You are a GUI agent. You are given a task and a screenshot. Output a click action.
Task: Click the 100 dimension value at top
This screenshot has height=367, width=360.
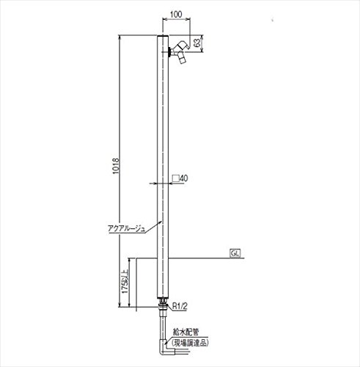[x=176, y=14]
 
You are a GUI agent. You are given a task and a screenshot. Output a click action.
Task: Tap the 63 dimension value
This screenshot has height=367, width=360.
[x=197, y=43]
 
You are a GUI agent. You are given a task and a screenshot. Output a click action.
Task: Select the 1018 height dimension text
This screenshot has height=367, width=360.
[x=116, y=166]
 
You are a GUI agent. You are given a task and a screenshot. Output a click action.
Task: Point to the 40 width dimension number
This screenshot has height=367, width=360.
[x=184, y=178]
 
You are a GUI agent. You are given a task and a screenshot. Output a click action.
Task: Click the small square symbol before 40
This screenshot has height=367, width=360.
[x=175, y=178]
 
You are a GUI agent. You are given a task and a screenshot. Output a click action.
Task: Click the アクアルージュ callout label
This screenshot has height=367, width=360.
[x=127, y=228]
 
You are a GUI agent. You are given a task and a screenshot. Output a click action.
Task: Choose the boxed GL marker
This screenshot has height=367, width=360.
[x=235, y=253]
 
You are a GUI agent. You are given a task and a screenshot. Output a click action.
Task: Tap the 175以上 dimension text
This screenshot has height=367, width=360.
[x=125, y=282]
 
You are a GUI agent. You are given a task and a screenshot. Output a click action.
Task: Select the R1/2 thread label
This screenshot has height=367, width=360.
[x=180, y=306]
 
